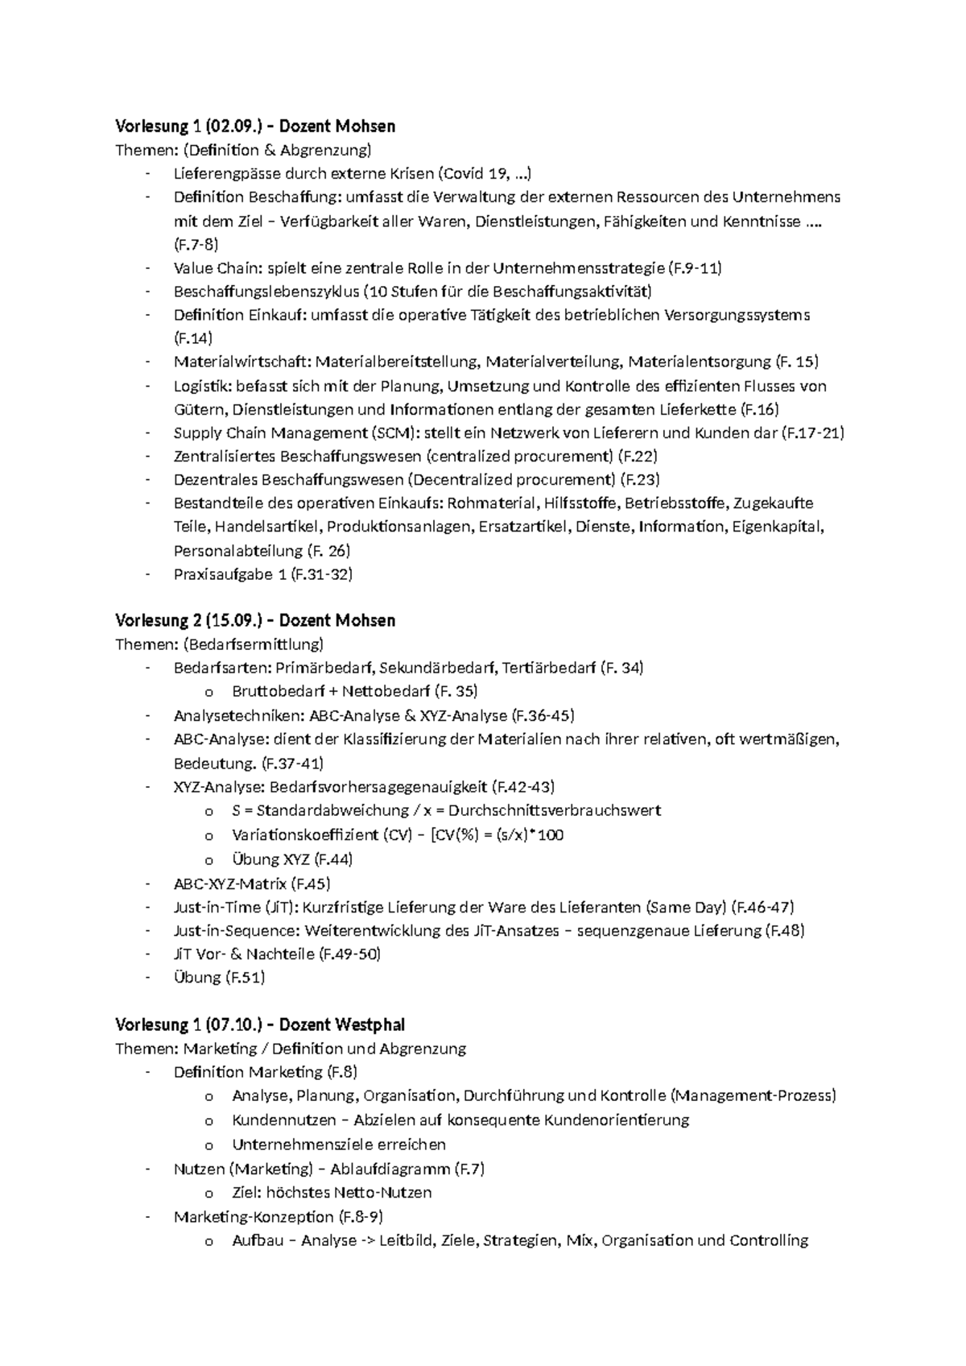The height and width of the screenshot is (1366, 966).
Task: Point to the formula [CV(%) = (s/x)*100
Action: pyautogui.click(x=497, y=834)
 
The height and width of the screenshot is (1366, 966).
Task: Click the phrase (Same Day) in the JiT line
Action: pyautogui.click(x=687, y=907)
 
